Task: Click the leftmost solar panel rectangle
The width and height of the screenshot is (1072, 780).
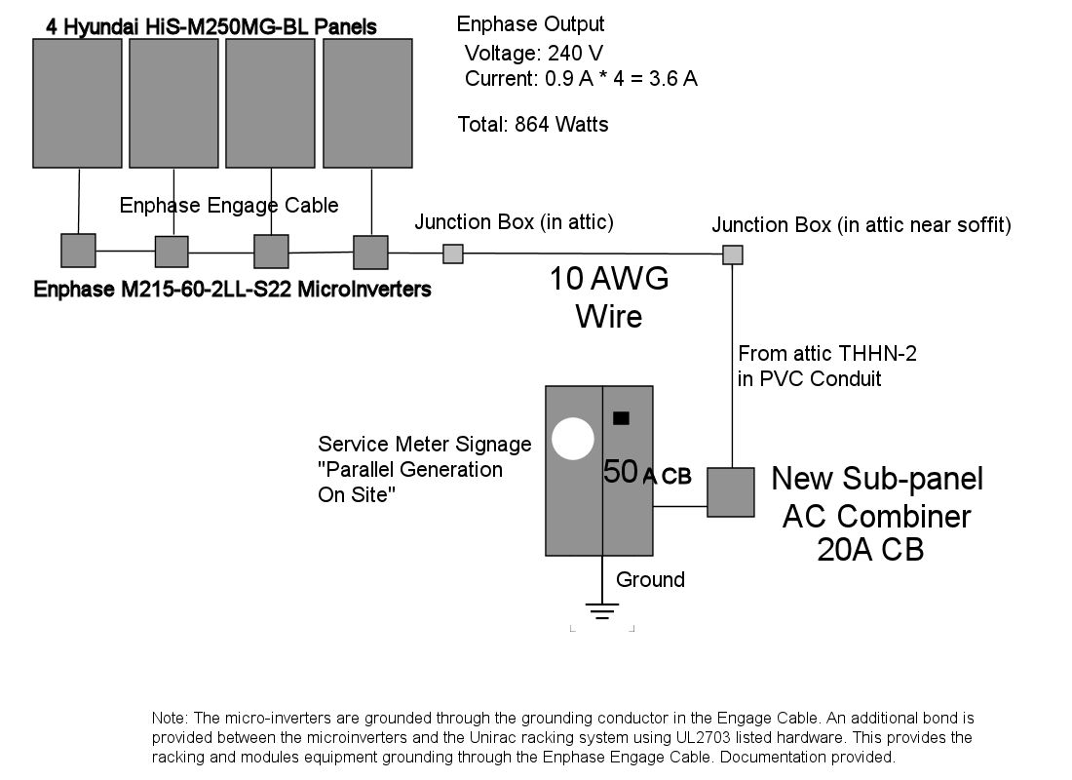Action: pyautogui.click(x=77, y=103)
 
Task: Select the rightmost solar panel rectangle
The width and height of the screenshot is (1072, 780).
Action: pyautogui.click(x=367, y=103)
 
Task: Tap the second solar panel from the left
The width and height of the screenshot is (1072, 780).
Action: pyautogui.click(x=173, y=103)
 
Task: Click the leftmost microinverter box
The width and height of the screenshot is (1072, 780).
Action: pyautogui.click(x=78, y=251)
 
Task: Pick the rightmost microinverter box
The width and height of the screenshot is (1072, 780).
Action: pyautogui.click(x=370, y=252)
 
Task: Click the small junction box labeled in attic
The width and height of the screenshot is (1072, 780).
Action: pyautogui.click(x=453, y=253)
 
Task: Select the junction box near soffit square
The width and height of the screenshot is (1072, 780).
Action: pyautogui.click(x=732, y=255)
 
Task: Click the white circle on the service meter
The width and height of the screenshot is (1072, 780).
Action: pyautogui.click(x=572, y=439)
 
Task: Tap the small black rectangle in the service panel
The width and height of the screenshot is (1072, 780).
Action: pyautogui.click(x=621, y=418)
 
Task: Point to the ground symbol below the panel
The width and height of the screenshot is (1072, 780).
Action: pyautogui.click(x=602, y=612)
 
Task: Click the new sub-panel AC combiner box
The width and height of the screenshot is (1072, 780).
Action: pyautogui.click(x=730, y=492)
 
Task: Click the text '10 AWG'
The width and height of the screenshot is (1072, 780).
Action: pyautogui.click(x=609, y=280)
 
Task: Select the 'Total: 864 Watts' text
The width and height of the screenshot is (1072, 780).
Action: pyautogui.click(x=533, y=125)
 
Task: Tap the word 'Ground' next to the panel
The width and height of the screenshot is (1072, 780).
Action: pyautogui.click(x=650, y=580)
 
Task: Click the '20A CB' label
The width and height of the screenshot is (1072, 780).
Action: pyautogui.click(x=870, y=551)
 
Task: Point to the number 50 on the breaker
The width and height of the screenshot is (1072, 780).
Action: pyautogui.click(x=621, y=472)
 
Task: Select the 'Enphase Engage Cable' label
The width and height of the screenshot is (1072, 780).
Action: pyautogui.click(x=229, y=205)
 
